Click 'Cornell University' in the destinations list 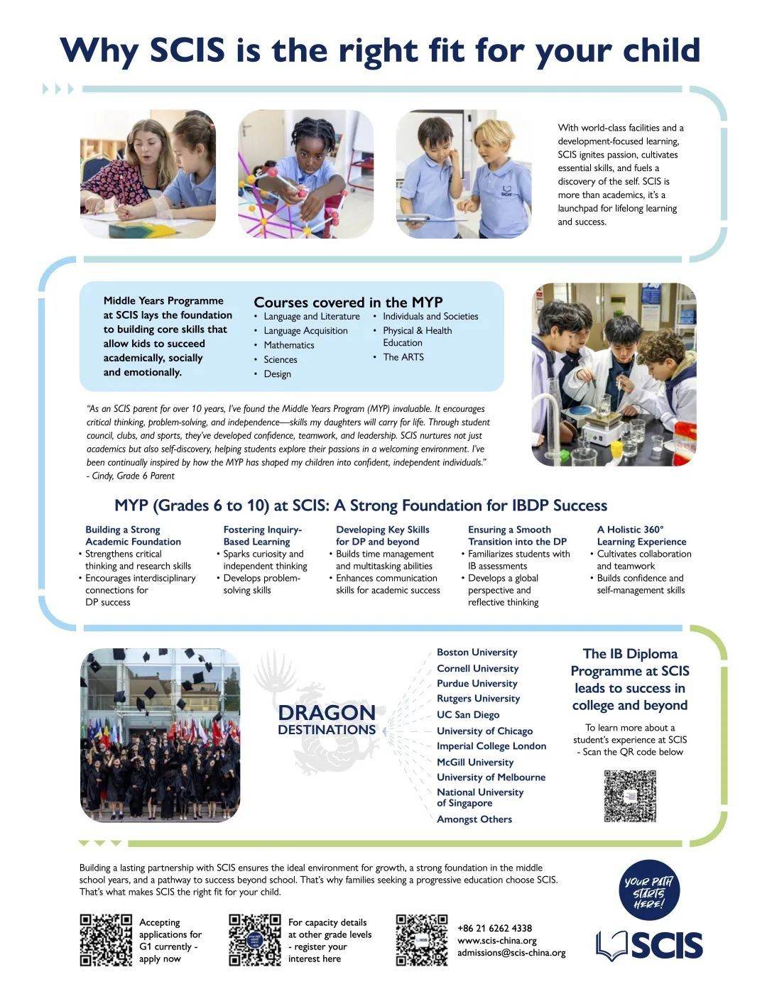pos(477,668)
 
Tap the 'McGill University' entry pos(474,762)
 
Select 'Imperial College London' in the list pos(491,746)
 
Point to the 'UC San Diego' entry pos(467,715)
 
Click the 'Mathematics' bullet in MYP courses pos(288,345)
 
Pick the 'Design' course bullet pos(277,374)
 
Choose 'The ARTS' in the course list pos(403,357)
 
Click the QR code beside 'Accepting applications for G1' pos(106,940)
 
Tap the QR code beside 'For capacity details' pos(255,940)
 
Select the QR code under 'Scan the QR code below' pos(629,796)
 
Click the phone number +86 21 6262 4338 pos(494,928)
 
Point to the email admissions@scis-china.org pos(511,953)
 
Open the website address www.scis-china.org pos(496,941)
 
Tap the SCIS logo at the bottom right pos(649,945)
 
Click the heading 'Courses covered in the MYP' pos(348,302)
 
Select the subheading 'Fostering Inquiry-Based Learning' pos(263,535)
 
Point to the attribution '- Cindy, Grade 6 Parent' pos(131,476)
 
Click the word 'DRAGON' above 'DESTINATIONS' pos(327,713)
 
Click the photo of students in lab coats pos(614,374)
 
